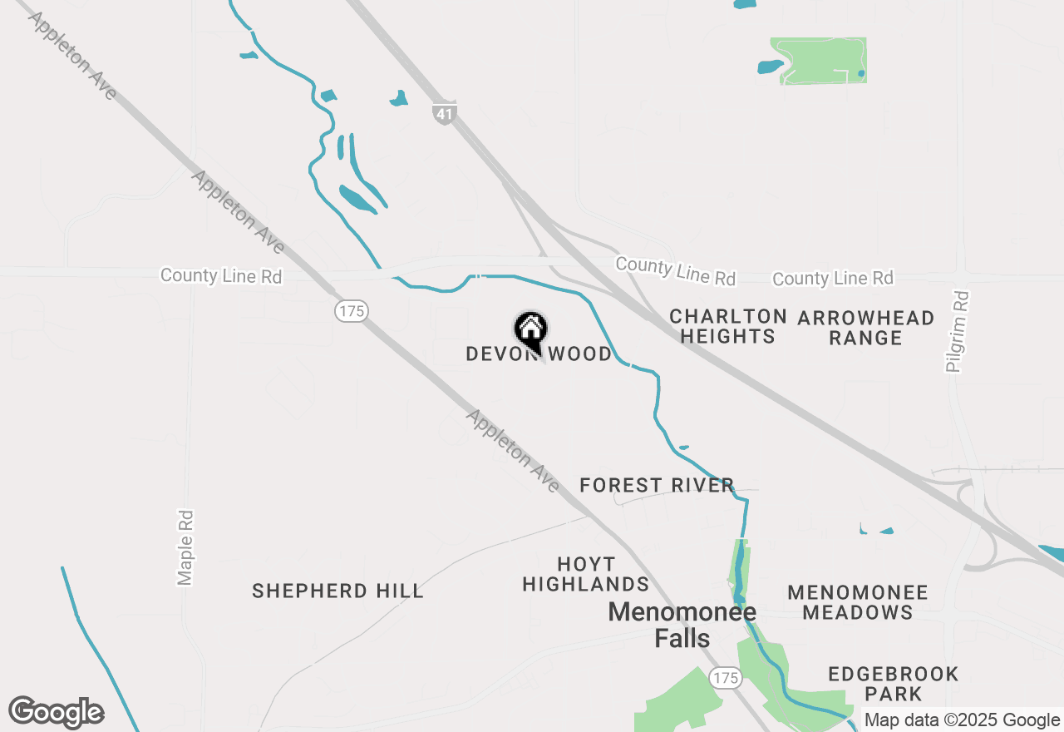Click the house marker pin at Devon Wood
530,331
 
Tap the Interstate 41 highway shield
445,113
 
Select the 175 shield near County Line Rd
352,311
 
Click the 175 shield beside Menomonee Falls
726,678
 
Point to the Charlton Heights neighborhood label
728,326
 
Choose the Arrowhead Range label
865,328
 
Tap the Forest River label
657,485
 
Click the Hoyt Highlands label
586,574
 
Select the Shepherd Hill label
337,591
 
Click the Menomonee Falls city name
682,625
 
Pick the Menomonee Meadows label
858,602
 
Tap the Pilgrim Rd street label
958,331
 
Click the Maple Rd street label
185,547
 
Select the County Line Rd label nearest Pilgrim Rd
833,278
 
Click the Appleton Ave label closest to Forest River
512,450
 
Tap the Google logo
57,712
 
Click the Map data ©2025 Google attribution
962,720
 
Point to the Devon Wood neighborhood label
539,354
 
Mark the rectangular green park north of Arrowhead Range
819,61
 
